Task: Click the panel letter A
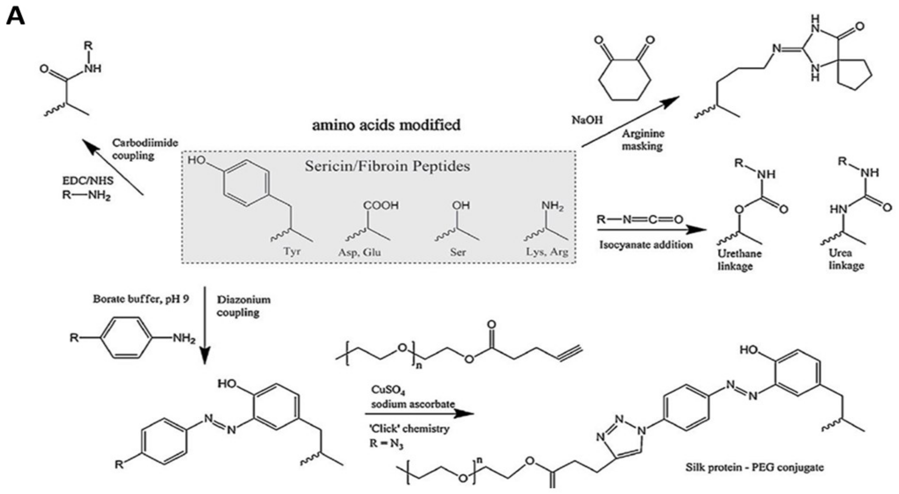(x=16, y=17)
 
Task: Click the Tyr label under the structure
(x=292, y=251)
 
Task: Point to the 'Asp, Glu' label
(x=359, y=252)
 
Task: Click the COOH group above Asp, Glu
(x=381, y=205)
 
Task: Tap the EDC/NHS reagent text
(x=88, y=181)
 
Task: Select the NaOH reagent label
(x=587, y=120)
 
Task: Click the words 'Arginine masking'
(x=643, y=140)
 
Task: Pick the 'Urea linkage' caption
(x=846, y=259)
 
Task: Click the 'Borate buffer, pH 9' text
(x=141, y=299)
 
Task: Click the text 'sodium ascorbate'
(x=413, y=404)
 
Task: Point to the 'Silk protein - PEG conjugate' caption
(x=754, y=467)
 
